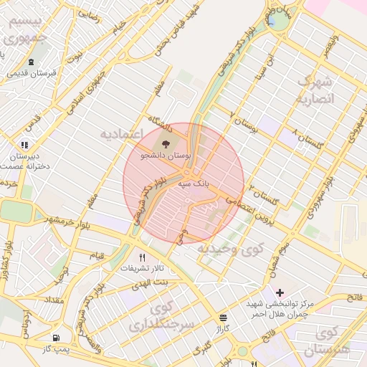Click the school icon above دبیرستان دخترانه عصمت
26,145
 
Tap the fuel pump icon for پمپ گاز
56,338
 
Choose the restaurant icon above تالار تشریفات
142,257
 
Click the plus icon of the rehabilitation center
280,292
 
